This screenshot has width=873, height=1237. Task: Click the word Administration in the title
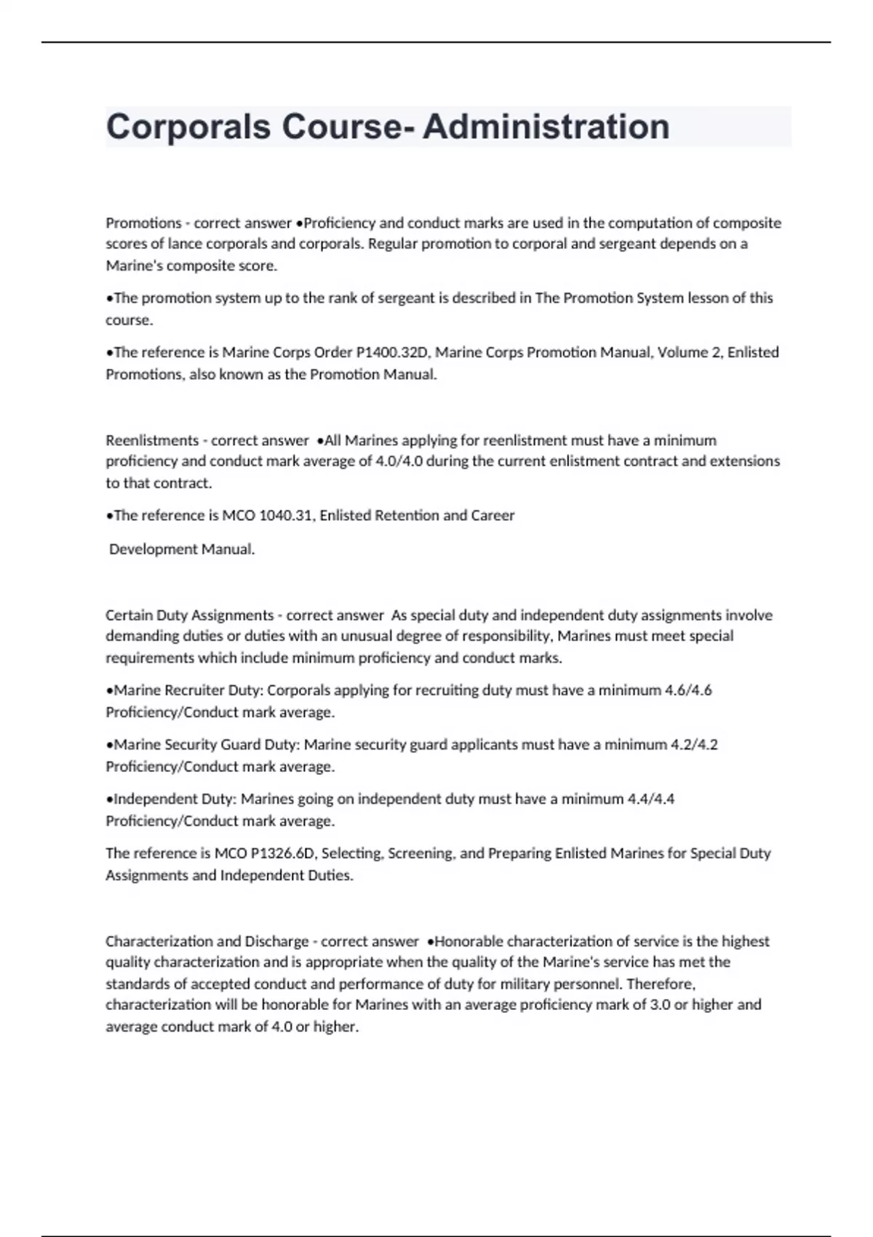coord(546,127)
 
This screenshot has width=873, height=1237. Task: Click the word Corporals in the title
coord(188,127)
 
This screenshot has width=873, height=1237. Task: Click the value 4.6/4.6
coord(688,690)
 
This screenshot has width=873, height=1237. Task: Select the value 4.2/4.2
coord(694,744)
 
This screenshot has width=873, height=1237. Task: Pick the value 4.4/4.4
coord(650,799)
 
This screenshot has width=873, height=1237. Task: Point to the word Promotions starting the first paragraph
coord(143,223)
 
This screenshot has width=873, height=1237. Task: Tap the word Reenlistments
coord(152,440)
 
